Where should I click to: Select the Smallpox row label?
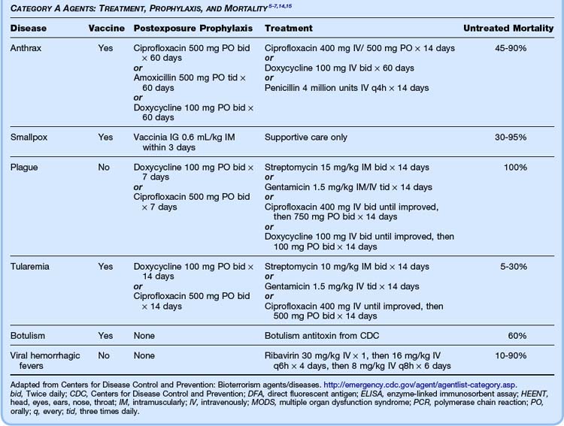click(x=30, y=137)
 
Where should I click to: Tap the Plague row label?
click(x=25, y=167)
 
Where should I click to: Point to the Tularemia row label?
click(x=31, y=266)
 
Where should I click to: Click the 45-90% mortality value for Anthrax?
click(x=512, y=47)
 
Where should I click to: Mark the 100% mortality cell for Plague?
click(x=516, y=167)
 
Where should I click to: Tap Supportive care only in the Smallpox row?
click(x=309, y=137)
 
